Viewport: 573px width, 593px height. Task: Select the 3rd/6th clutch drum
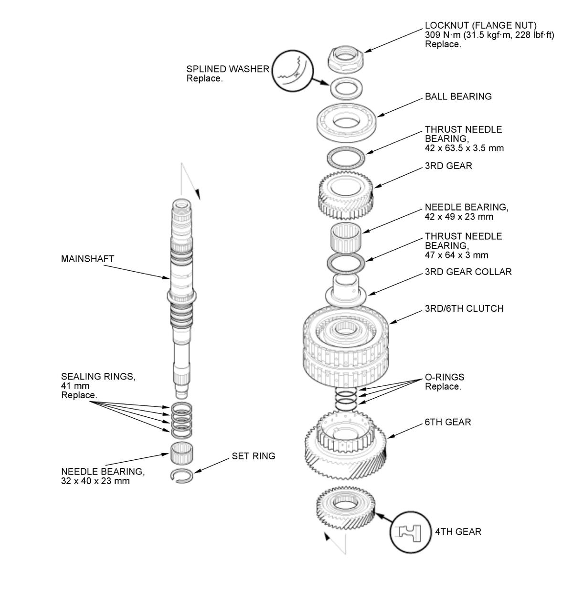(346, 346)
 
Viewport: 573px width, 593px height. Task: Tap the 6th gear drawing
(346, 445)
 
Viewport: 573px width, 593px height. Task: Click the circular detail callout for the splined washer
(292, 71)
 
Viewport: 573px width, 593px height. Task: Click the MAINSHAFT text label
(87, 259)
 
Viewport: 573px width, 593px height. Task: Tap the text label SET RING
(253, 456)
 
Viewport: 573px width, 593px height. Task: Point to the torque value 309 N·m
(443, 35)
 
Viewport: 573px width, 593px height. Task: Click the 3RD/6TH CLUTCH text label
(464, 308)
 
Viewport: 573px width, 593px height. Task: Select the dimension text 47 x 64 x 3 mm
(456, 255)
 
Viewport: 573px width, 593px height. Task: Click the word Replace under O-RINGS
(443, 386)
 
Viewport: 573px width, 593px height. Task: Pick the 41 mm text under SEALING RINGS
(75, 386)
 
